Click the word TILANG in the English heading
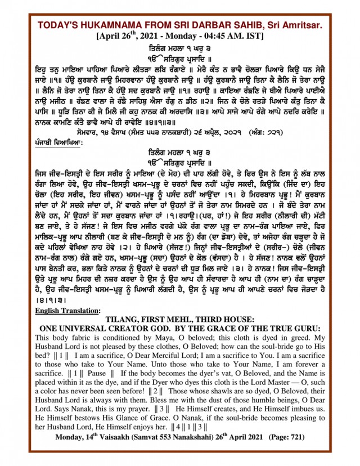pyautogui.click(x=138, y=319)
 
